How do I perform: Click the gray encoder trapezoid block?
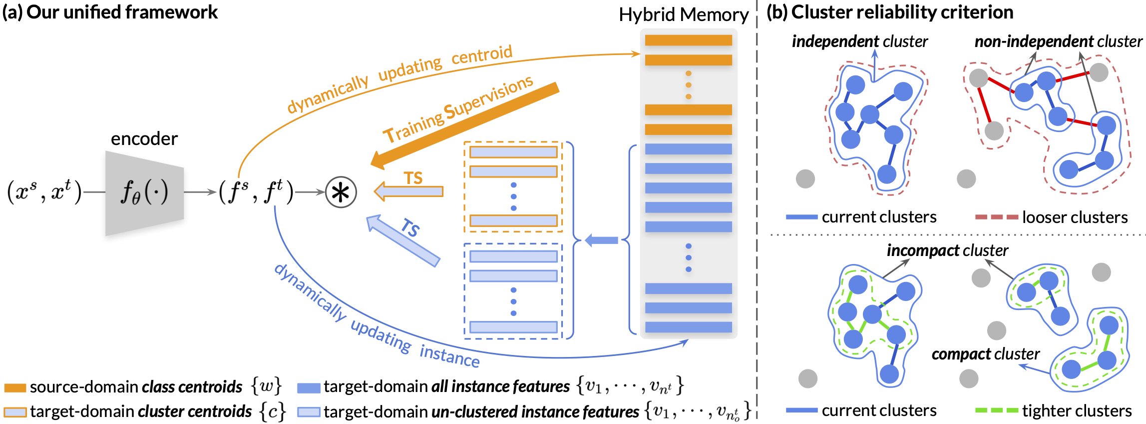(x=144, y=193)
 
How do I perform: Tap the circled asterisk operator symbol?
(x=341, y=192)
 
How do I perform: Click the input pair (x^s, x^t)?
(x=44, y=192)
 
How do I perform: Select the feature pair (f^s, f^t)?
(x=256, y=192)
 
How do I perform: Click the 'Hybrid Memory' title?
(x=683, y=14)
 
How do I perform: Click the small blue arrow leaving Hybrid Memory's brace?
(x=601, y=240)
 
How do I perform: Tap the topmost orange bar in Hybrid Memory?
(x=688, y=40)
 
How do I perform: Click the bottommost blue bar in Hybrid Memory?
(x=688, y=327)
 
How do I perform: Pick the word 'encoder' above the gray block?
(x=144, y=138)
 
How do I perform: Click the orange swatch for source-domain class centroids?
(x=15, y=387)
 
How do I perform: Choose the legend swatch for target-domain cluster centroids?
(x=15, y=412)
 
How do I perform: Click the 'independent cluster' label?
(x=859, y=41)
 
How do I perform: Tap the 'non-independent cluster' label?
(x=1058, y=41)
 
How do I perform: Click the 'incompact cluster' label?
(x=947, y=250)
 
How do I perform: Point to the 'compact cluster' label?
(x=985, y=354)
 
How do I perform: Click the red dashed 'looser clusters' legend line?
(x=996, y=217)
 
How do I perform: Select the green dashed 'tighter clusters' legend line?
(x=996, y=410)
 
